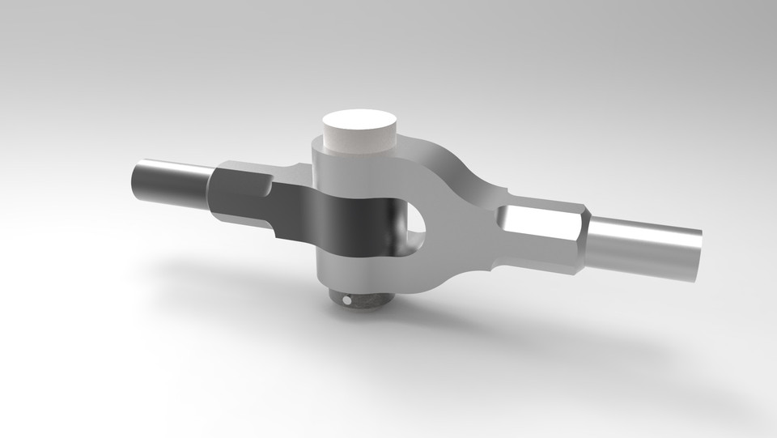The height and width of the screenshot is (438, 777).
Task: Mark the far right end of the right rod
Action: point(699,255)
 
